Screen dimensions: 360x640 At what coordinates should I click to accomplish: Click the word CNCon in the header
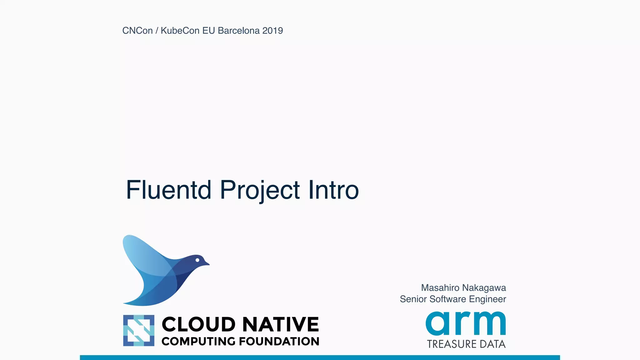[137, 31]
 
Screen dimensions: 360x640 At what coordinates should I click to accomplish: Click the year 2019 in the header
[273, 31]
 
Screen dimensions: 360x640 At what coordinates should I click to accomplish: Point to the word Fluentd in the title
[168, 190]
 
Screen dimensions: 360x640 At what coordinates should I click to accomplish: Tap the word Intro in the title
[333, 190]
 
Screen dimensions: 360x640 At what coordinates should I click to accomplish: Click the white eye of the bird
[197, 260]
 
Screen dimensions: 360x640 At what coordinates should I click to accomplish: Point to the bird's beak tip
[208, 264]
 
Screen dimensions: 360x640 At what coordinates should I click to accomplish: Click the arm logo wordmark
[466, 323]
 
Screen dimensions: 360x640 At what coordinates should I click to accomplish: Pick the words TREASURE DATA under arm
[466, 344]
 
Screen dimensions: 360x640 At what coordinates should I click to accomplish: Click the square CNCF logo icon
[139, 330]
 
